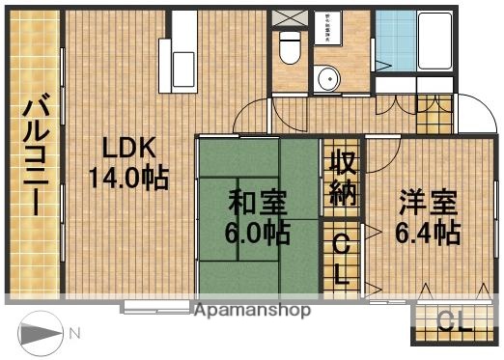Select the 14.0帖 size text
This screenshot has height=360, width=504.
pyautogui.click(x=128, y=179)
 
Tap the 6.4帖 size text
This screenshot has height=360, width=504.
pyautogui.click(x=427, y=233)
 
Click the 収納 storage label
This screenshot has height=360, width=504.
pyautogui.click(x=343, y=178)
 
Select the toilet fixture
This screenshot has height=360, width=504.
pyautogui.click(x=288, y=44)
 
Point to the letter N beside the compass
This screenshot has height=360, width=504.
pyautogui.click(x=75, y=334)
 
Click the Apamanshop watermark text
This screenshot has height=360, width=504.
pyautogui.click(x=253, y=311)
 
